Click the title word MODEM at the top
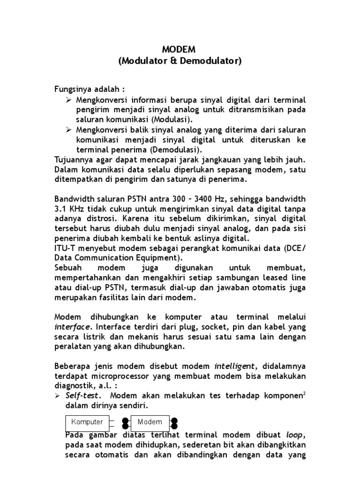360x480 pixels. [180, 50]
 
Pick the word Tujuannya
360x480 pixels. [75, 159]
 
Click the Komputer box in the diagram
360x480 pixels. [87, 422]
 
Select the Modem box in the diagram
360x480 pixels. [150, 422]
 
